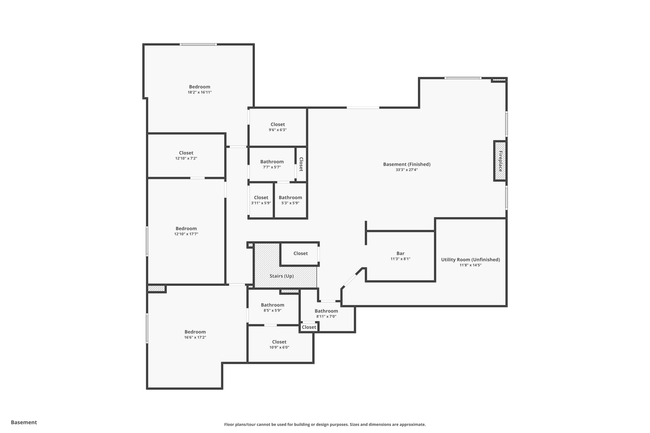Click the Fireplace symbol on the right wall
(500, 161)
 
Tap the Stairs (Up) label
(282, 276)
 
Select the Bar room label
(400, 253)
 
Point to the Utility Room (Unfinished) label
(470, 260)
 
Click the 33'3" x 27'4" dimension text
(407, 170)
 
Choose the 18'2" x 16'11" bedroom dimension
(200, 92)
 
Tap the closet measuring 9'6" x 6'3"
(278, 127)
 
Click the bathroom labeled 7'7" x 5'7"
(272, 164)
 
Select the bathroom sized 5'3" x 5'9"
(290, 200)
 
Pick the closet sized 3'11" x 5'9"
(261, 200)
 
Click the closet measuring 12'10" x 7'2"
(186, 155)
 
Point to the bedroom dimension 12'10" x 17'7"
(186, 234)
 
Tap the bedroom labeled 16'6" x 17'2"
(195, 334)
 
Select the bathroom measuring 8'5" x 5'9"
(273, 307)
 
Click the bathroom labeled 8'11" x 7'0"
(326, 313)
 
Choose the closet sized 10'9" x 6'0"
(279, 344)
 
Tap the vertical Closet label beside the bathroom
(301, 164)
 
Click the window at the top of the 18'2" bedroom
(198, 44)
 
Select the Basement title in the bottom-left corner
(24, 422)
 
